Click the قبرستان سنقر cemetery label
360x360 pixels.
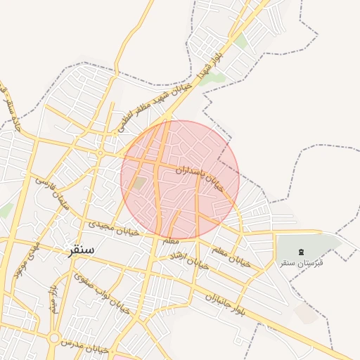click(301, 263)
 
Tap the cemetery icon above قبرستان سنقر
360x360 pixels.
click(302, 252)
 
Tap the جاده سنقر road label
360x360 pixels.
click(12, 109)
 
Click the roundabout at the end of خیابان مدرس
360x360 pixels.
click(53, 338)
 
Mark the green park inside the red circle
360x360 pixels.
click(140, 183)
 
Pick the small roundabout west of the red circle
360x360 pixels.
click(101, 153)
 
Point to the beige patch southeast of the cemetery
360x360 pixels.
click(306, 313)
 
